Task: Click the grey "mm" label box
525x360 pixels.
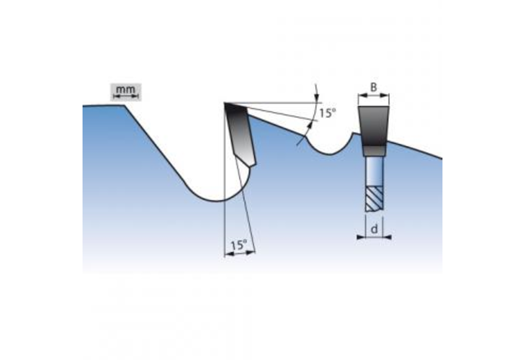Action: [x=126, y=90]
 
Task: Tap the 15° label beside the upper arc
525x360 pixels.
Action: [x=328, y=113]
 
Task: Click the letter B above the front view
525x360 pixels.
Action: [x=374, y=88]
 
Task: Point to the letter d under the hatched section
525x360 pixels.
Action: [x=374, y=229]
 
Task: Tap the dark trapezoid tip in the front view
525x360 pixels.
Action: [x=374, y=126]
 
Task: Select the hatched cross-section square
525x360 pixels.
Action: [x=374, y=199]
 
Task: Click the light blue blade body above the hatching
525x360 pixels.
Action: [x=374, y=169]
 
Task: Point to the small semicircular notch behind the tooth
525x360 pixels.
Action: [x=331, y=145]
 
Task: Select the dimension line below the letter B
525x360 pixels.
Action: [x=374, y=96]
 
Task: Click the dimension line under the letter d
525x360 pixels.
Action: [x=374, y=236]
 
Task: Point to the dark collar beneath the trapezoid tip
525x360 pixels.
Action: [x=374, y=150]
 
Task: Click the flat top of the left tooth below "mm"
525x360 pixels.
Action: [x=105, y=106]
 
